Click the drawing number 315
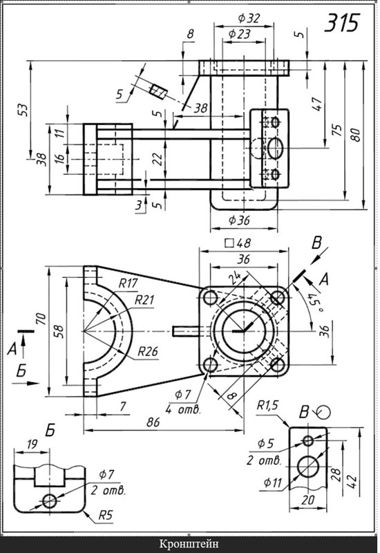pyautogui.click(x=341, y=23)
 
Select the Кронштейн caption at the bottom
pyautogui.click(x=189, y=543)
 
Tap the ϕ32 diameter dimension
pyautogui.click(x=249, y=18)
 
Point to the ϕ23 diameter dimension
pyautogui.click(x=239, y=34)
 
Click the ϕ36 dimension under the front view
pyautogui.click(x=239, y=221)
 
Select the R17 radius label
pyautogui.click(x=128, y=283)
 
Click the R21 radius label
pyautogui.click(x=144, y=300)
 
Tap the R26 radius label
pyautogui.click(x=147, y=352)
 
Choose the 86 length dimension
pyautogui.click(x=153, y=422)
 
